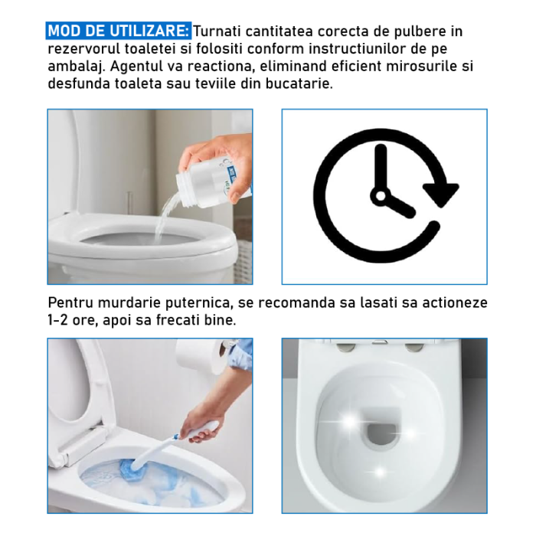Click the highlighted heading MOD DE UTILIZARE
point(119,31)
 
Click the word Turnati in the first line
point(220,31)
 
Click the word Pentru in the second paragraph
point(71,302)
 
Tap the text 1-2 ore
point(74,319)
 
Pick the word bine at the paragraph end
point(223,319)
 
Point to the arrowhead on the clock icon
point(441,192)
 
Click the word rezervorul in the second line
point(84,48)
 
